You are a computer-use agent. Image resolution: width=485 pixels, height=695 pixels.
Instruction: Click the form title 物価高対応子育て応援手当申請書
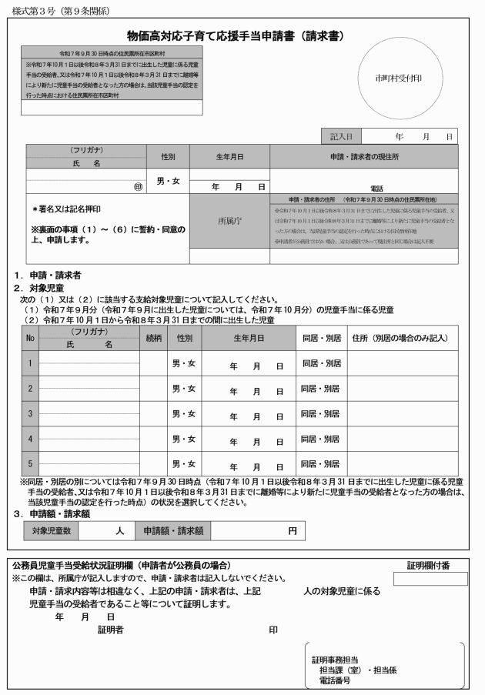(x=234, y=36)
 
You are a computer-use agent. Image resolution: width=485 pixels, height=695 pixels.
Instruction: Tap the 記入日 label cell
(x=340, y=136)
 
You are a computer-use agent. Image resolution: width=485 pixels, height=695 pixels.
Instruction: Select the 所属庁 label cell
(x=229, y=220)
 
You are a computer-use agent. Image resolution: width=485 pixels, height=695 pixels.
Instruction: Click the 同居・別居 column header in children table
(x=321, y=337)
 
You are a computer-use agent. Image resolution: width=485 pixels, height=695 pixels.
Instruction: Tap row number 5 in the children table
(x=29, y=463)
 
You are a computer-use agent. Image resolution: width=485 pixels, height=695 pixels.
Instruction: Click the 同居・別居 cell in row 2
(x=321, y=389)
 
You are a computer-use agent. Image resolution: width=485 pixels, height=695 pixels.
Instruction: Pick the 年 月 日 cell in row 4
(x=256, y=440)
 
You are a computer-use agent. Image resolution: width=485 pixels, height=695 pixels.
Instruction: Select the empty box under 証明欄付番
(x=429, y=579)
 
